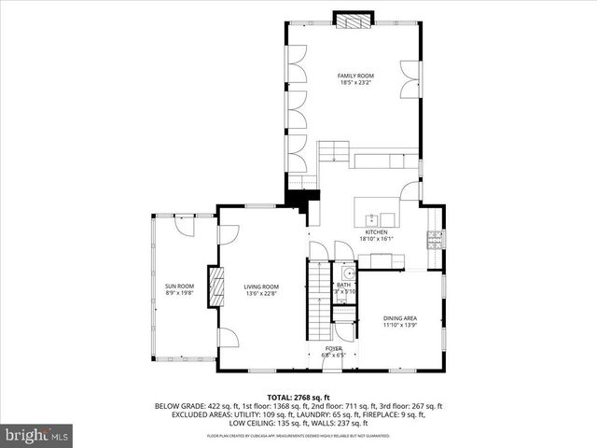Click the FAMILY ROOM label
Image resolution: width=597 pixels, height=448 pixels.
355,75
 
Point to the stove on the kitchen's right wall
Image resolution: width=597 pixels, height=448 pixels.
434,240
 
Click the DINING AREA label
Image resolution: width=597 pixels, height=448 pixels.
400,318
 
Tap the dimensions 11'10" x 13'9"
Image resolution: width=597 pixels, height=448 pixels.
400,326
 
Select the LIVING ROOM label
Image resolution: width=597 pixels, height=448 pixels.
261,287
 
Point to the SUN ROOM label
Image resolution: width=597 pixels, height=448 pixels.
179,286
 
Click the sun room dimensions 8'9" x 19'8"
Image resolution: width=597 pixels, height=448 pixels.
179,293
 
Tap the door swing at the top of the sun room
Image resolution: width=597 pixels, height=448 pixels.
182,225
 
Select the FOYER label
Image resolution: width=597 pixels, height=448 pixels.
334,348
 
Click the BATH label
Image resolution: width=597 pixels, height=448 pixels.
344,285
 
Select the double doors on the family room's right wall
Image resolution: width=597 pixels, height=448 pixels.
408,80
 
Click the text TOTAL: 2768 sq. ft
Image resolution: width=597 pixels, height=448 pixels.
298,398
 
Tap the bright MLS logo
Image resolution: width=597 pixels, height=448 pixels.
36,435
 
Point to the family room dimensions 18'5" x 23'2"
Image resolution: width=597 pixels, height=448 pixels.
355,82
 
